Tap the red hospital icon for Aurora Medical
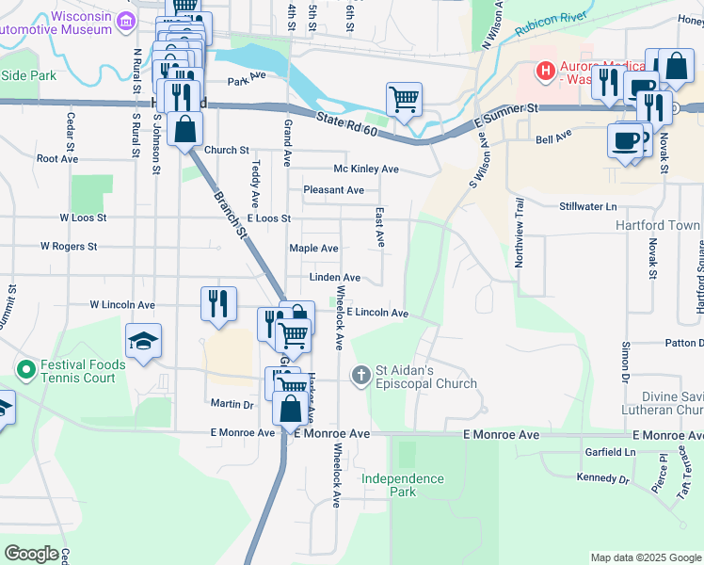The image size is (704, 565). pyautogui.click(x=543, y=70)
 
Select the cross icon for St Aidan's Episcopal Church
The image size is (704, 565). pyautogui.click(x=360, y=376)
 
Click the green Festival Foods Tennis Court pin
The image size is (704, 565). pyautogui.click(x=25, y=365)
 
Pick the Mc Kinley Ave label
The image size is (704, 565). pyautogui.click(x=366, y=169)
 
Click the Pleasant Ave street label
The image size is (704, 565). pyautogui.click(x=333, y=190)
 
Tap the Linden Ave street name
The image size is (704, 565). pyautogui.click(x=335, y=278)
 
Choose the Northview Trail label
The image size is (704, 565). pyautogui.click(x=518, y=232)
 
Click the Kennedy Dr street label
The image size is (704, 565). pyautogui.click(x=602, y=479)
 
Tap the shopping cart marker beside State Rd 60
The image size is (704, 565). pyautogui.click(x=404, y=98)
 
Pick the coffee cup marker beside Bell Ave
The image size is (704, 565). pyautogui.click(x=626, y=140)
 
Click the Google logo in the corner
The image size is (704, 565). pyautogui.click(x=31, y=554)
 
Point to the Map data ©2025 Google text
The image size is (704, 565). pyautogui.click(x=645, y=557)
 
